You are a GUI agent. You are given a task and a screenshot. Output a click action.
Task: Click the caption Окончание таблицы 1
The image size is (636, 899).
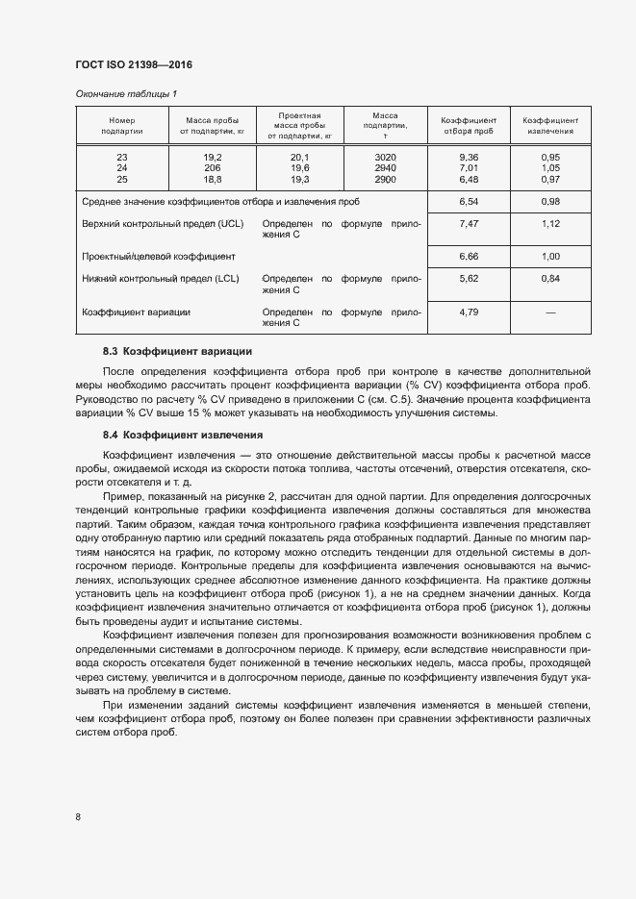click(x=126, y=93)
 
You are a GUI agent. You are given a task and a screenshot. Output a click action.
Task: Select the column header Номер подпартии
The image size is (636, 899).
click(x=121, y=125)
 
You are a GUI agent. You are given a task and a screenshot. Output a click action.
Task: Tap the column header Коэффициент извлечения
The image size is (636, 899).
click(x=550, y=125)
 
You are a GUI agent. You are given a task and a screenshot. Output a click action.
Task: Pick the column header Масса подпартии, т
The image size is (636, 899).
click(x=385, y=125)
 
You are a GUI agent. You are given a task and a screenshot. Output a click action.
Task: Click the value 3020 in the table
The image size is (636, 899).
click(x=385, y=157)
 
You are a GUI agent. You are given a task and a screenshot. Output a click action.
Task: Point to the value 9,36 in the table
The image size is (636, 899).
click(x=469, y=157)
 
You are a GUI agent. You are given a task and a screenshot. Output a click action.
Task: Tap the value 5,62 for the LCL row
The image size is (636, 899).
click(x=469, y=278)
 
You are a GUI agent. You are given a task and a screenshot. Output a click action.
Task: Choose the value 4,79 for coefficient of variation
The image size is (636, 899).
click(x=469, y=312)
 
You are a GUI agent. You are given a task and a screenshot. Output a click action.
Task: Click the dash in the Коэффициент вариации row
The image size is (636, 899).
click(x=550, y=312)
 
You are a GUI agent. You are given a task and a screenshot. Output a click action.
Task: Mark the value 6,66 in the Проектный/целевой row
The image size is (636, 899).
click(x=469, y=257)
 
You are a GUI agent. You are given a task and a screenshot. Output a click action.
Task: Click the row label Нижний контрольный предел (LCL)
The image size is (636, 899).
click(x=161, y=278)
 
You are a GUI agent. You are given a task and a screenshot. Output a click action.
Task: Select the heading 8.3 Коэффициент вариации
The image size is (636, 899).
click(x=177, y=351)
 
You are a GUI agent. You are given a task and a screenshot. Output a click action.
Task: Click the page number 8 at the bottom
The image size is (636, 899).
click(x=78, y=816)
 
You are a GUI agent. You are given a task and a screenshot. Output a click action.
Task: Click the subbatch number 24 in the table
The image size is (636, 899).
click(x=121, y=167)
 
